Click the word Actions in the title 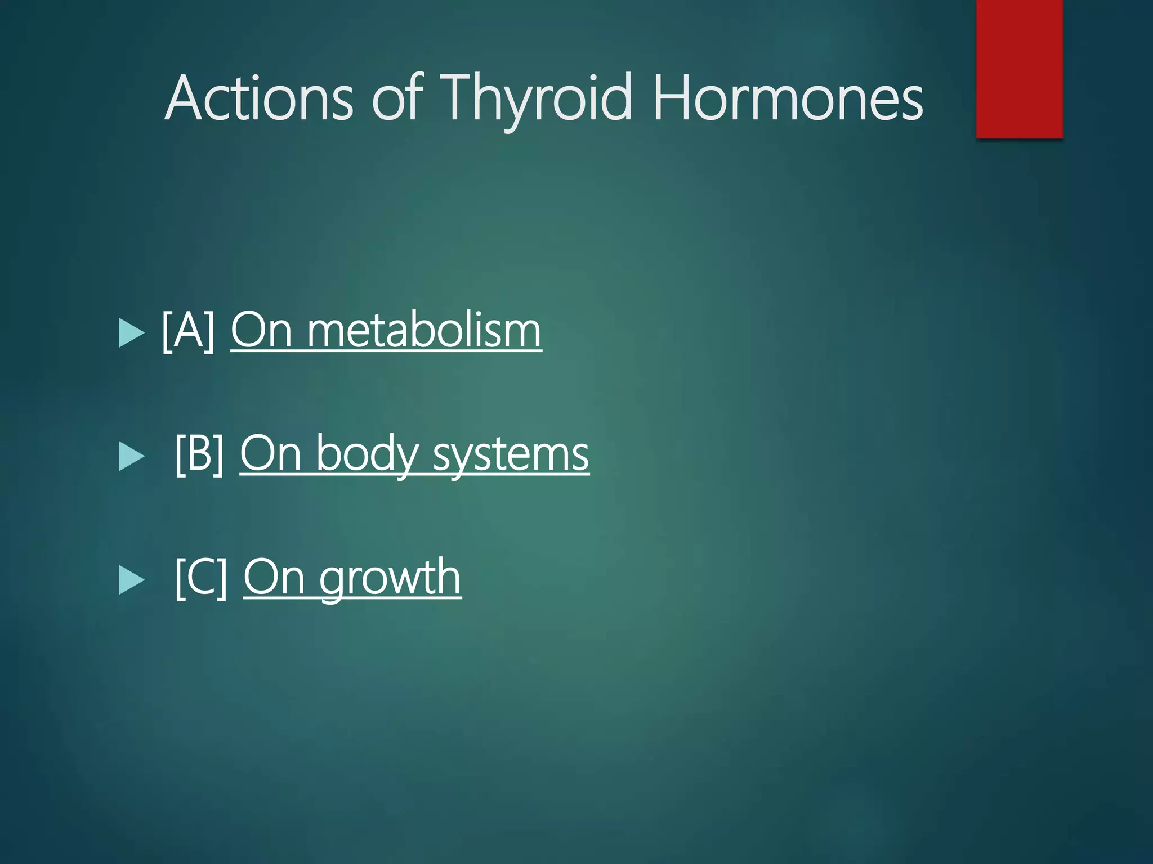[260, 98]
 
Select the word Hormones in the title [788, 98]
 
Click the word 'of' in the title [397, 98]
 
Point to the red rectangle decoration [1019, 69]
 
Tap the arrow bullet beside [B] [132, 456]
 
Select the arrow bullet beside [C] [132, 580]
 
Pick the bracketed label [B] [200, 454]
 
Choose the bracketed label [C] [201, 578]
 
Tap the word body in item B [367, 454]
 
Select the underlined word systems [511, 454]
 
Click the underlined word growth [390, 578]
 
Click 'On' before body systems [271, 454]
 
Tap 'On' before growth [274, 578]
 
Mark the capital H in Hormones [672, 98]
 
